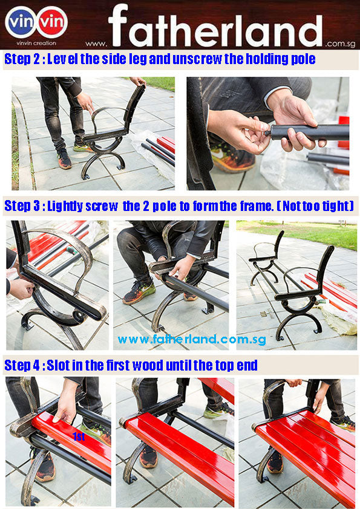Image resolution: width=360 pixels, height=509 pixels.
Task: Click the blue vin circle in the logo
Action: coord(21,22)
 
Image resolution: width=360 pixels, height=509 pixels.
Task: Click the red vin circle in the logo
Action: coord(51,22)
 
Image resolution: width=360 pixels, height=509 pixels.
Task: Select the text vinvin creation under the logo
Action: coord(36,43)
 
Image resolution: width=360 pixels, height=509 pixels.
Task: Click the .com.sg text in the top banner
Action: coord(340,44)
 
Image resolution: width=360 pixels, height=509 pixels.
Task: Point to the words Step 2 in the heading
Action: coord(22,59)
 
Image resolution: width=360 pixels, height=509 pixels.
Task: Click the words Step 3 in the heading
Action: coord(22,206)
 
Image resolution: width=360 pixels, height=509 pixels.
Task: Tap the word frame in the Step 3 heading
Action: coord(257,206)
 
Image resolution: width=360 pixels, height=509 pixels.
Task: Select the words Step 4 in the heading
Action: coord(22,366)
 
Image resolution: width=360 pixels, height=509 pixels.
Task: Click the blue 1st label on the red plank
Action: coord(79,436)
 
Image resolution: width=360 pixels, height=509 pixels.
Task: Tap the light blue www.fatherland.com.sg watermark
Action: coord(192,339)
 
